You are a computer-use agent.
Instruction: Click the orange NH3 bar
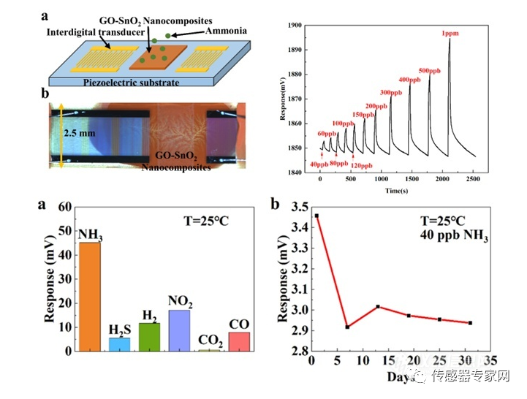[89, 296]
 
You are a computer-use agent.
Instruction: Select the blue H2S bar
[119, 344]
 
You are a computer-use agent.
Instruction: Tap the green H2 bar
[149, 337]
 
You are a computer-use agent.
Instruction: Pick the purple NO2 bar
[179, 330]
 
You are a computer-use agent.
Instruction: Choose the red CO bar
[239, 341]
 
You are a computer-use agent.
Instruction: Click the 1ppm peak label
[450, 34]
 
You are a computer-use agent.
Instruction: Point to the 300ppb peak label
[391, 93]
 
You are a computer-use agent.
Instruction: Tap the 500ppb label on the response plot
[430, 70]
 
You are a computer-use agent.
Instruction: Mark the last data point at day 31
[469, 322]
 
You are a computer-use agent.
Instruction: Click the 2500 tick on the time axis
[474, 180]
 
